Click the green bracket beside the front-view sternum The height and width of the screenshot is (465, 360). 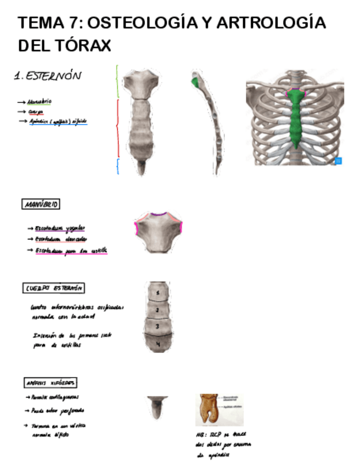tap(117, 81)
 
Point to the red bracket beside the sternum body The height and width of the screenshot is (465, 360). tap(117, 127)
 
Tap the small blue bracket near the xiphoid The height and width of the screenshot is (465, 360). tap(117, 166)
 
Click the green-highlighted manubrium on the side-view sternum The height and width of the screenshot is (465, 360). tap(195, 83)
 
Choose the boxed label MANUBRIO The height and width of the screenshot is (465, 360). tap(41, 205)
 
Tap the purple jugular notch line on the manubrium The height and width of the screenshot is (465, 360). tap(159, 213)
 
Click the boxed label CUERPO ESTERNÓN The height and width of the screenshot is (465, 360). tap(54, 288)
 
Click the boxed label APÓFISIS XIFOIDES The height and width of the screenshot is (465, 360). tap(51, 383)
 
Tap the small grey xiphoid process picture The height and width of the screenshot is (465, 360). tap(157, 407)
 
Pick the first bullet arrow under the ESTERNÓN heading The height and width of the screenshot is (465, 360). tap(21, 102)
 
